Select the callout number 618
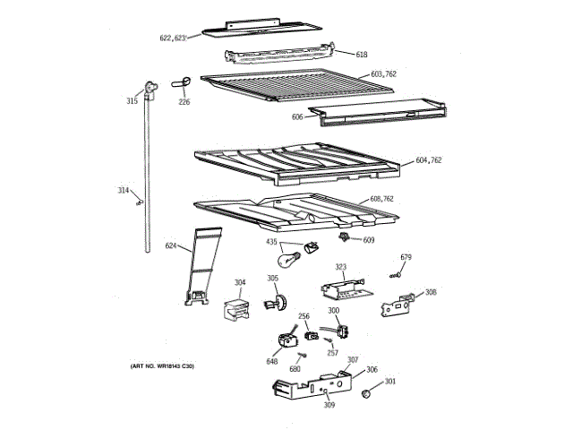click(362, 55)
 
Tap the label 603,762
click(383, 74)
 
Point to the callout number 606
click(297, 117)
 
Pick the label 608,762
click(382, 199)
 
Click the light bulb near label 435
click(289, 261)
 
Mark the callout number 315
click(132, 101)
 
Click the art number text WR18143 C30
click(161, 366)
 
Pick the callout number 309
click(329, 406)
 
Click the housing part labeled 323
click(343, 288)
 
